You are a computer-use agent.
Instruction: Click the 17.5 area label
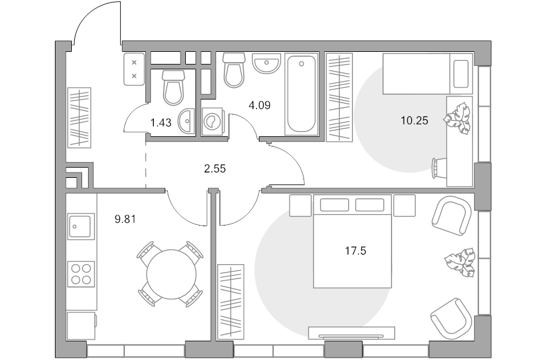click(355, 251)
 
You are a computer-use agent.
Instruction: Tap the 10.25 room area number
click(414, 121)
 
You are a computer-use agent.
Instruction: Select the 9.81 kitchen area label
click(125, 219)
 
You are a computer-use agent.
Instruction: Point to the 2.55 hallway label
click(215, 169)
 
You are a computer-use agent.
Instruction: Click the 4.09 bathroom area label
click(259, 106)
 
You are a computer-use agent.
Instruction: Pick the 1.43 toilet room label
click(160, 122)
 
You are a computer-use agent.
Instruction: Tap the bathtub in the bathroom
click(301, 94)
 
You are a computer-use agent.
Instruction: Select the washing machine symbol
click(212, 121)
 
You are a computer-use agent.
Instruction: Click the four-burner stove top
click(81, 274)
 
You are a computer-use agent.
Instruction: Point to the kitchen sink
click(81, 226)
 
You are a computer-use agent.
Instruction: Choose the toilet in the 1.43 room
click(173, 88)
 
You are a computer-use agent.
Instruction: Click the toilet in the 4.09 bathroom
click(233, 70)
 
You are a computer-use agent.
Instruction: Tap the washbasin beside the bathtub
click(265, 63)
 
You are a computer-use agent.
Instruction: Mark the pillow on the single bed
click(461, 74)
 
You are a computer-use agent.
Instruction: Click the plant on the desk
click(458, 118)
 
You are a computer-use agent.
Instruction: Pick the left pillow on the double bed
click(334, 205)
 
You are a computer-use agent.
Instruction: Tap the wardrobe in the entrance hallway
click(79, 118)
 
